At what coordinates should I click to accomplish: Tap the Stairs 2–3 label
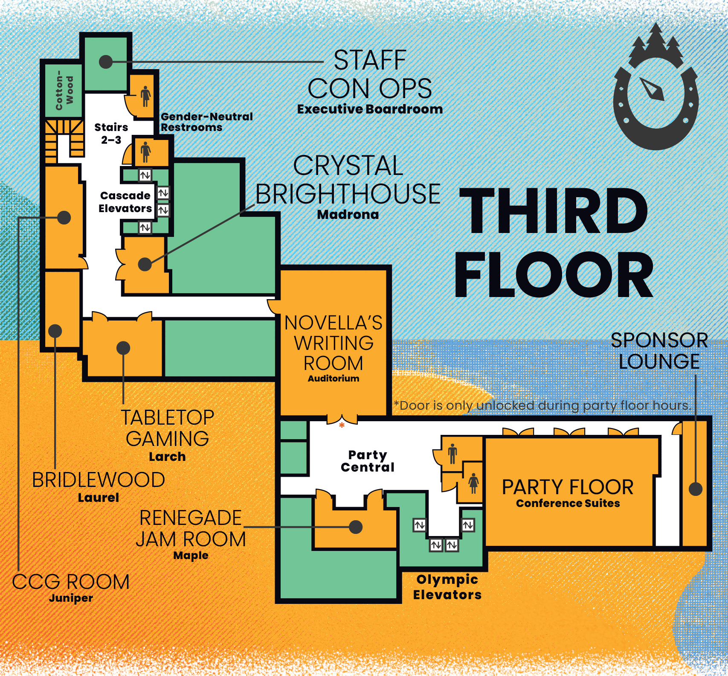111,134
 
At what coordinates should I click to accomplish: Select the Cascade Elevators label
125,202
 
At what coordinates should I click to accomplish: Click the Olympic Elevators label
447,587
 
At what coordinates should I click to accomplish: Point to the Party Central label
368,461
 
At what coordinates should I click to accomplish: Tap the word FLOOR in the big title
554,274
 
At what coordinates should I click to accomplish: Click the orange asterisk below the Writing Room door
342,425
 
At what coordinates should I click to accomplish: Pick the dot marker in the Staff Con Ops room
105,62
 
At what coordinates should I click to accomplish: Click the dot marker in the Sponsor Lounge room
696,489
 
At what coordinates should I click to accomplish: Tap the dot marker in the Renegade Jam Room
356,527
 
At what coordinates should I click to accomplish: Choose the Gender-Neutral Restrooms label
206,122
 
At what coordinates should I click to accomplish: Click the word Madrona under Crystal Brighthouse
348,214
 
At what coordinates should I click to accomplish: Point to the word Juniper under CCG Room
71,598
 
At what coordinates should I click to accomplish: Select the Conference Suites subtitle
568,503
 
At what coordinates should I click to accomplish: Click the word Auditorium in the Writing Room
334,378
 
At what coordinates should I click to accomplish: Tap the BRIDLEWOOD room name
99,480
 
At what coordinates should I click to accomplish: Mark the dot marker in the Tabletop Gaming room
123,348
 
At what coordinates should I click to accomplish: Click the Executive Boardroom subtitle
370,109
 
